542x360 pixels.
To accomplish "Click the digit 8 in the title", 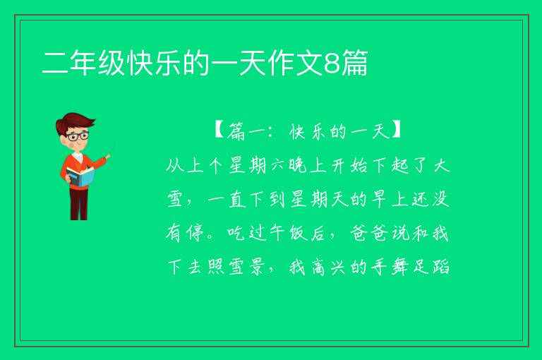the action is tap(332, 63).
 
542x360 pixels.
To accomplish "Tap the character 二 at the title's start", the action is tap(55, 63).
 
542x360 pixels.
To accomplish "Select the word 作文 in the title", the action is tap(295, 63).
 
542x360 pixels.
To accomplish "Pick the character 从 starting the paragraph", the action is tap(174, 166).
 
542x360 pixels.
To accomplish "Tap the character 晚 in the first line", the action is tap(297, 166).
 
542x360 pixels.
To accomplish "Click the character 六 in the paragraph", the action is tap(277, 166).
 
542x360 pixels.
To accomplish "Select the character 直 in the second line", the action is tap(237, 200).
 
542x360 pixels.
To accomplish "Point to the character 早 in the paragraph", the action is tap(379, 200).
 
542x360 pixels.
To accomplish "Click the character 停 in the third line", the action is tap(195, 233).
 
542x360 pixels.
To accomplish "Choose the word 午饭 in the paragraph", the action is tap(288, 233).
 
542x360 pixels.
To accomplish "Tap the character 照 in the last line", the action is tap(216, 267).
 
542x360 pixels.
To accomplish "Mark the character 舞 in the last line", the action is tap(399, 267).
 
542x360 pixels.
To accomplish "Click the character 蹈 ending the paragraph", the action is tap(440, 267).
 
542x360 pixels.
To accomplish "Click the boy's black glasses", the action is tap(78, 136).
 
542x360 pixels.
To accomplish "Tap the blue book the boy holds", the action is tap(80, 176).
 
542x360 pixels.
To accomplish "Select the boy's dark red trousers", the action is tap(79, 204).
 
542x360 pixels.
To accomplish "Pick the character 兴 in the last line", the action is tap(339, 268).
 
